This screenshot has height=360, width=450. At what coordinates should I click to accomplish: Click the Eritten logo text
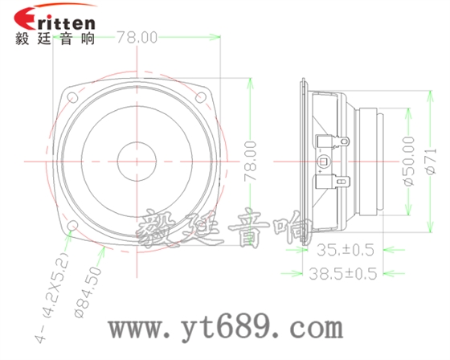click(55, 18)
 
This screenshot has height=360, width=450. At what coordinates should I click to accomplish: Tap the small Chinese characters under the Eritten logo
click(55, 38)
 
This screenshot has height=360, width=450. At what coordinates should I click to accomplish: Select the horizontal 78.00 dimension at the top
click(137, 37)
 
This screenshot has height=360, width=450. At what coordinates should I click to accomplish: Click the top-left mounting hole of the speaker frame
click(73, 97)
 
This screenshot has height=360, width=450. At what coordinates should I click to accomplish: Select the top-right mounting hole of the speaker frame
click(202, 96)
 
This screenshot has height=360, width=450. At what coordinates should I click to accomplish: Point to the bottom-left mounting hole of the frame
click(73, 226)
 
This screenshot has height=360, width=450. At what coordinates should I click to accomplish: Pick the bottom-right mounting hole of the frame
click(202, 226)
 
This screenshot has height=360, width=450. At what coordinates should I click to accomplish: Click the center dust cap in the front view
click(137, 162)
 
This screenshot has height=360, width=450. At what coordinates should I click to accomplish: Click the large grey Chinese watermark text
click(221, 234)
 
